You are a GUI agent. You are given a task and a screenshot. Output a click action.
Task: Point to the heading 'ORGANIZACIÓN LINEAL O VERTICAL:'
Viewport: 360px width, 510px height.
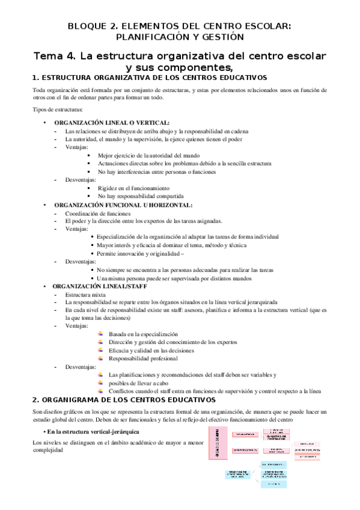point(111,122)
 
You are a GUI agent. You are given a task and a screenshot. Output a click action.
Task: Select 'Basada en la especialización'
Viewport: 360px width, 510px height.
point(143,334)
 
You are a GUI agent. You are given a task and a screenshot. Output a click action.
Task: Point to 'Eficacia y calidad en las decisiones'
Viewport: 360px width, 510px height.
point(151,350)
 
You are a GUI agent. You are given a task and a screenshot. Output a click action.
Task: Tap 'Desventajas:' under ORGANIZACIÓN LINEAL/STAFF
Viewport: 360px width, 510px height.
point(81,366)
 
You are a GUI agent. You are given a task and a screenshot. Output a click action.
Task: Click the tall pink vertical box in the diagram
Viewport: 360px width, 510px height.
point(215,458)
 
